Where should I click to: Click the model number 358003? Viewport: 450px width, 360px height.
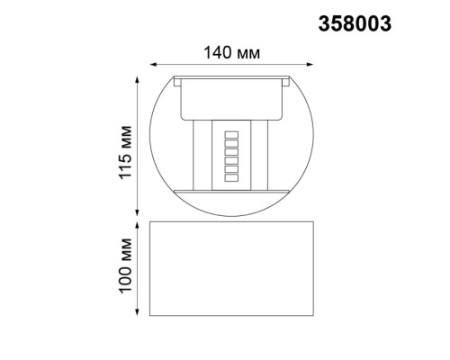pyautogui.click(x=355, y=25)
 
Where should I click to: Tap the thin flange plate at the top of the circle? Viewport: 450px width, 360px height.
pyautogui.click(x=230, y=78)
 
